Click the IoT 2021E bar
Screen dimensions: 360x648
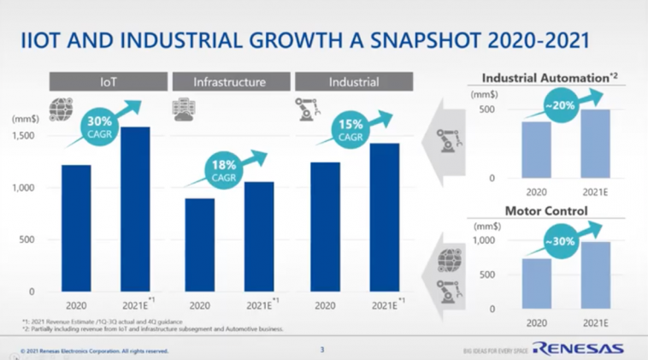pos(135,210)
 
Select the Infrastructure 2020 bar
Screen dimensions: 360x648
pos(199,245)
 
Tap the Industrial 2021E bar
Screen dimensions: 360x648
pos(385,217)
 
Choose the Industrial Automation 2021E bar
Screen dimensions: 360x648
pos(595,144)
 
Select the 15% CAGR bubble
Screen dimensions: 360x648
pos(350,131)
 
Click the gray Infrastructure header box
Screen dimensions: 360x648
pos(229,82)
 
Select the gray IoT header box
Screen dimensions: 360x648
pos(108,82)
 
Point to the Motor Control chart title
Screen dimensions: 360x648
pos(546,210)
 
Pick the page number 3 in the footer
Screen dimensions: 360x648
pos(322,349)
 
